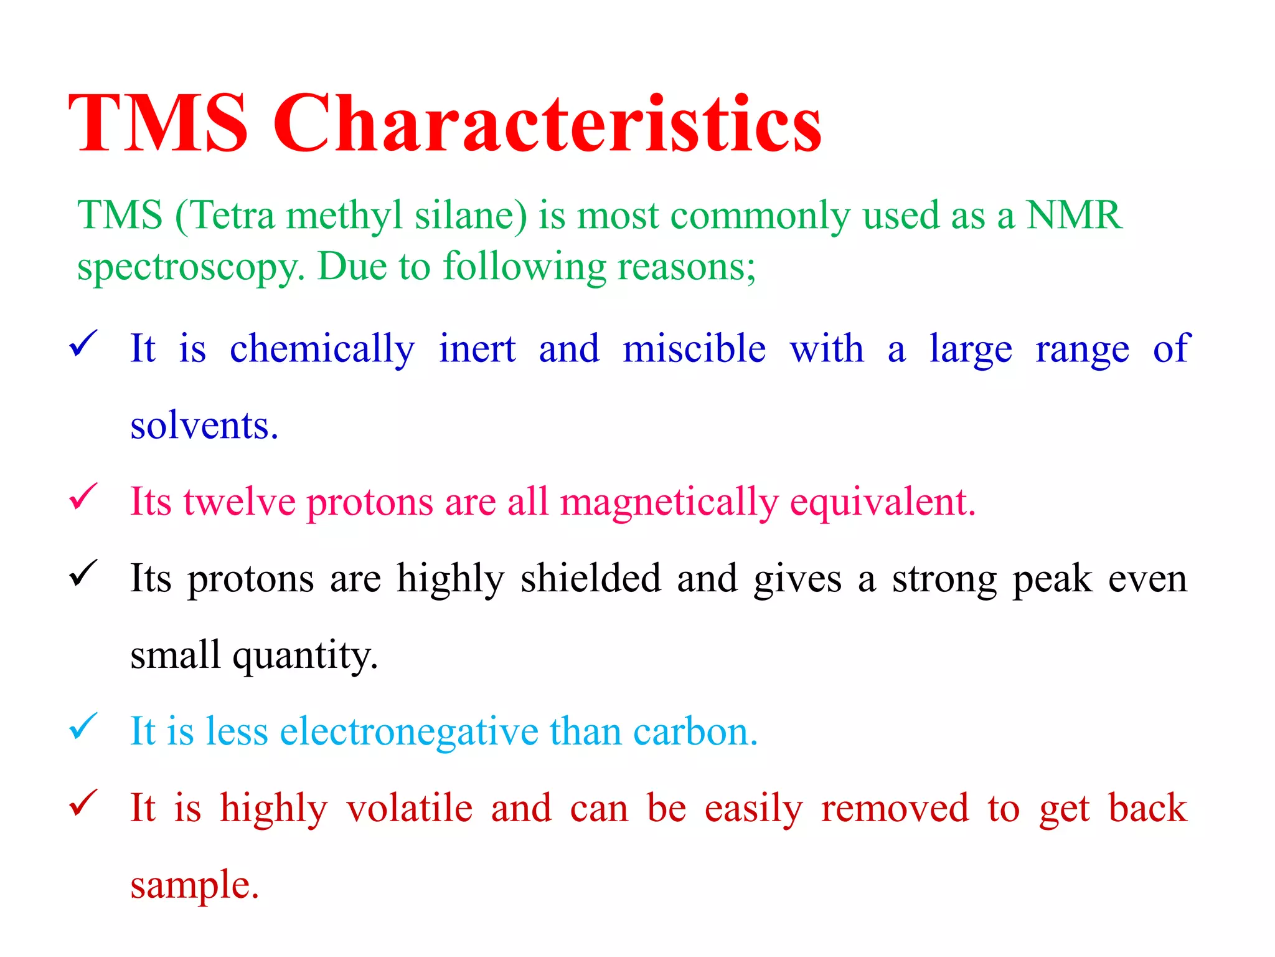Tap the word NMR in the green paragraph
pyautogui.click(x=1074, y=216)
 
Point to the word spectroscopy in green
pyautogui.click(x=190, y=268)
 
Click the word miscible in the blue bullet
pyautogui.click(x=694, y=348)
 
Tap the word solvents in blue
pyautogui.click(x=204, y=426)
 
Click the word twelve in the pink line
pyautogui.click(x=240, y=502)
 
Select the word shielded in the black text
pyautogui.click(x=590, y=579)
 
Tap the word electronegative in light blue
pyautogui.click(x=409, y=731)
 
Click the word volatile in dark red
pyautogui.click(x=410, y=809)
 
